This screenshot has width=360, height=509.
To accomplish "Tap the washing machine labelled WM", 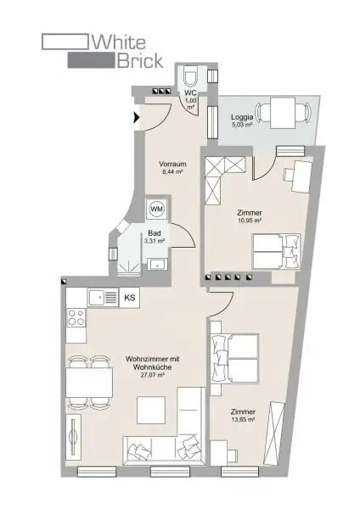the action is tap(157, 209).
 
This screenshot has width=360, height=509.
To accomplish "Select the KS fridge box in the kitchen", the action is tap(130, 298).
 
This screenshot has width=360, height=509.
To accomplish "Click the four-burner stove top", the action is tap(76, 317).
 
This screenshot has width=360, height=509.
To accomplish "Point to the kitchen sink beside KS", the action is tap(103, 297).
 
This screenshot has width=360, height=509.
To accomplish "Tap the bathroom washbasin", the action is tap(158, 264).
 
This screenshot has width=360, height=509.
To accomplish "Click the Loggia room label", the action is tap(242, 117).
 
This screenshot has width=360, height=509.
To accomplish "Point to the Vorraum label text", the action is tap(172, 164).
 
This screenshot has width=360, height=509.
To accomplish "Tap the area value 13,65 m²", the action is tap(243, 419).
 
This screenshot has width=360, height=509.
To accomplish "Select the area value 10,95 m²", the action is tap(250, 221).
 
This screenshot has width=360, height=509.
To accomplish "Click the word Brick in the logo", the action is tap(140, 60).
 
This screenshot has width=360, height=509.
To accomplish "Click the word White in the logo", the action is tap(119, 42).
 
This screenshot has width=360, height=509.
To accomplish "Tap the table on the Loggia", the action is tap(283, 112).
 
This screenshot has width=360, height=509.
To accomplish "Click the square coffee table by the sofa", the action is tap(151, 410).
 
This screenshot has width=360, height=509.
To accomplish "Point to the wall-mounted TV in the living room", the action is tap(73, 437).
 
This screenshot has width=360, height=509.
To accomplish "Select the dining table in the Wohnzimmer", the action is tap(90, 383).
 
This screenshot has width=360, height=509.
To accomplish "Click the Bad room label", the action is tap(155, 233).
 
